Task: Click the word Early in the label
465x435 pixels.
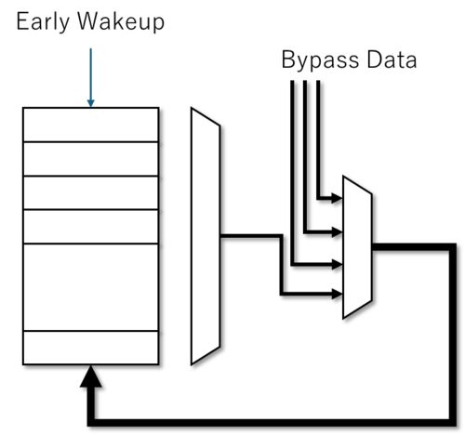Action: point(43,22)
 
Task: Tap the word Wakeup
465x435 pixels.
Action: point(121,22)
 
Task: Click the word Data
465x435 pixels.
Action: point(392,59)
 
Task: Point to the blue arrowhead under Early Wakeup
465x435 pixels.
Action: point(90,103)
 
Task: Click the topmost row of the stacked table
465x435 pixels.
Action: point(91,125)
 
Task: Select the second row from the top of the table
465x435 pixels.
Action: point(91,159)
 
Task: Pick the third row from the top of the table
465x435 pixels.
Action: point(91,192)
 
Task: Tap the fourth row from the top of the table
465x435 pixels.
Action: point(91,227)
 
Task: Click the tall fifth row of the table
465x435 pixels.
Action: point(91,287)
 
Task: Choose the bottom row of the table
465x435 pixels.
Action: point(91,348)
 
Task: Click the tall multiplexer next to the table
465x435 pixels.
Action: point(206,236)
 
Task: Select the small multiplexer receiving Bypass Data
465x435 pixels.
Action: point(357,247)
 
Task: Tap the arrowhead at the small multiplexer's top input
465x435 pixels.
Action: point(337,198)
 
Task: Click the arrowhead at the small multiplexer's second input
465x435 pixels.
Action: point(337,231)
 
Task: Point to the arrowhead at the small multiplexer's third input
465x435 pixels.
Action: point(337,265)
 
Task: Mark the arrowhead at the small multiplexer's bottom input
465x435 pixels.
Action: point(337,294)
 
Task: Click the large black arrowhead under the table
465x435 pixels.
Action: point(90,376)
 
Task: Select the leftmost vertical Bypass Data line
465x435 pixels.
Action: point(292,173)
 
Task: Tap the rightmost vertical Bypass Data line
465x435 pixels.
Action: point(318,139)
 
